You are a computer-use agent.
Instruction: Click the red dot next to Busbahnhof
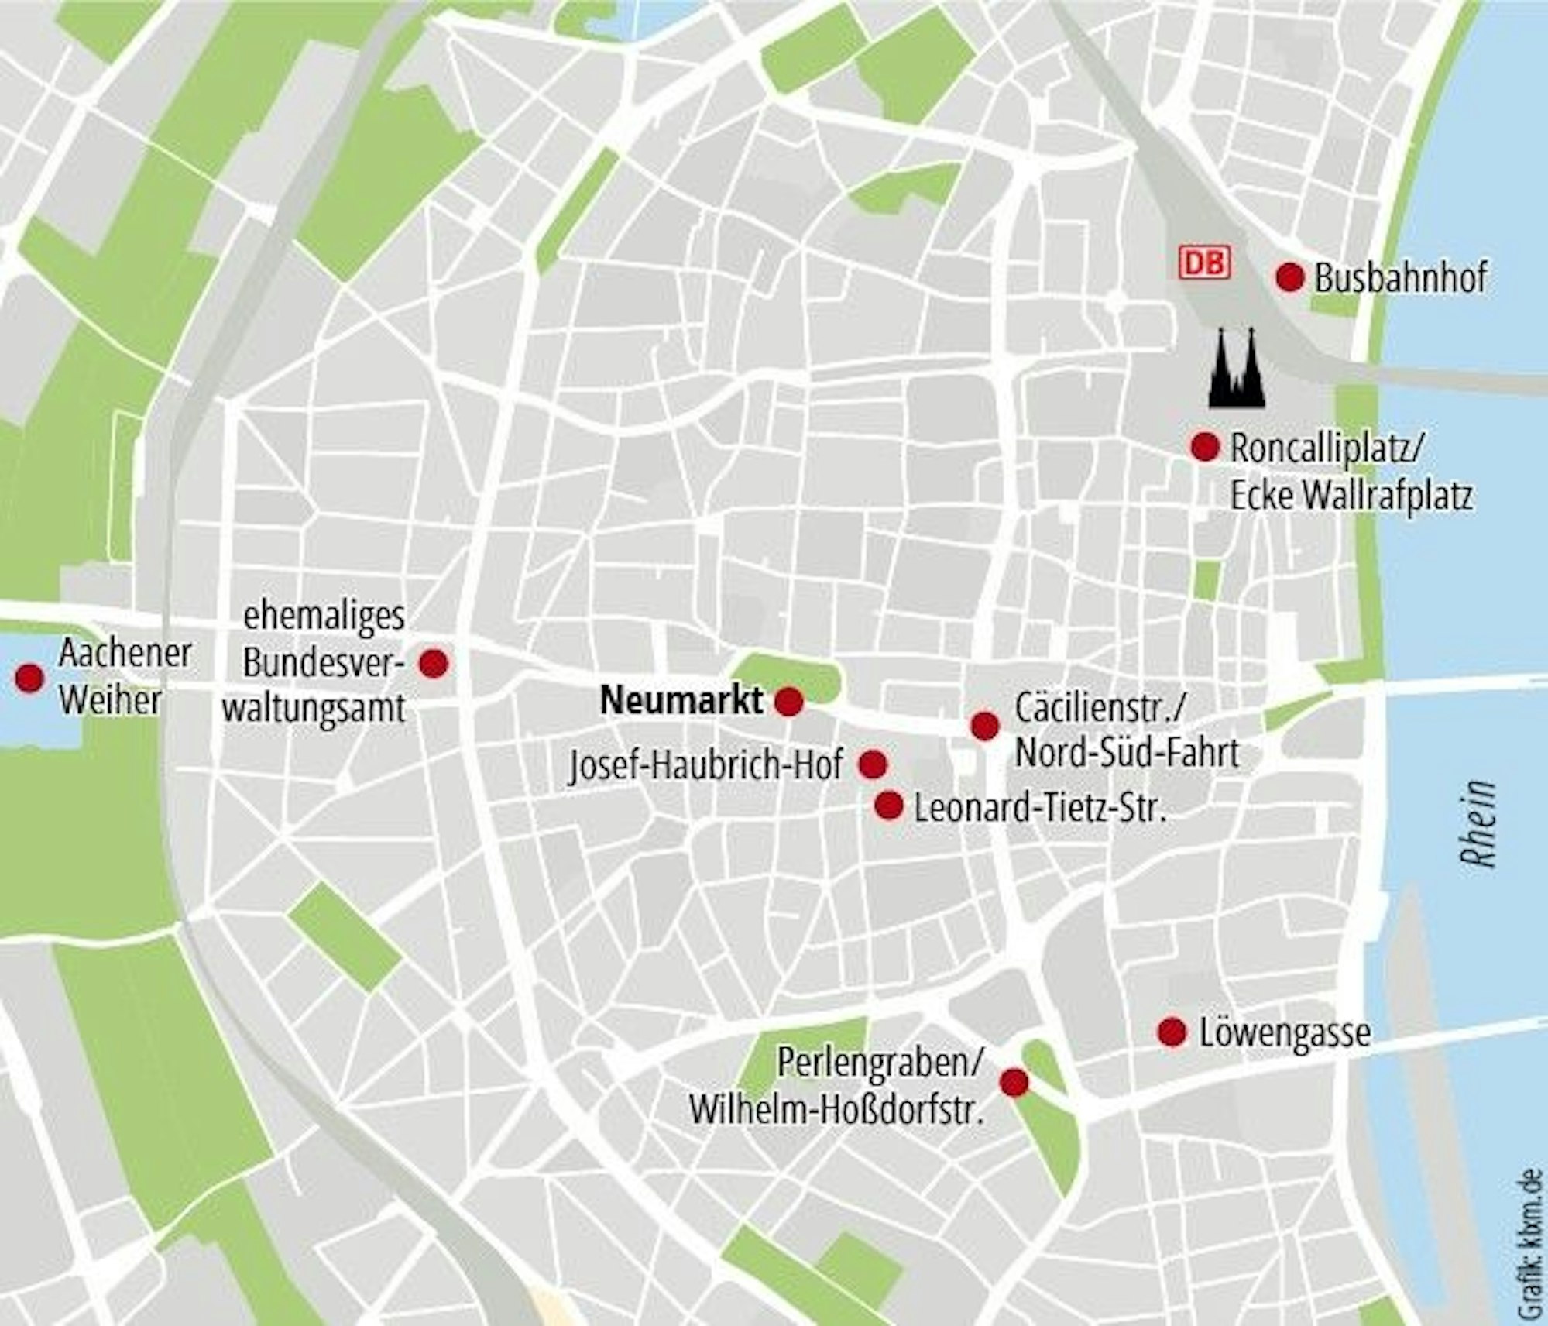pyautogui.click(x=1289, y=277)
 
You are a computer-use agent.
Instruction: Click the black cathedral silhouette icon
pyautogui.click(x=1237, y=369)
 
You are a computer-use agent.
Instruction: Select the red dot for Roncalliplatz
pyautogui.click(x=1205, y=447)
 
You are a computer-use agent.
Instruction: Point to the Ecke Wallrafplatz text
pyautogui.click(x=1351, y=496)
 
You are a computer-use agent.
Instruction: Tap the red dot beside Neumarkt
pyautogui.click(x=789, y=702)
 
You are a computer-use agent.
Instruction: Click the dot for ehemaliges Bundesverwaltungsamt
pyautogui.click(x=433, y=663)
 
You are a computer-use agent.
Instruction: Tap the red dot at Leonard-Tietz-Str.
pyautogui.click(x=889, y=806)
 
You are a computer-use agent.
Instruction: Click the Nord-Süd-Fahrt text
pyautogui.click(x=1127, y=752)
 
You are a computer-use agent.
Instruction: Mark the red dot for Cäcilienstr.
pyautogui.click(x=984, y=726)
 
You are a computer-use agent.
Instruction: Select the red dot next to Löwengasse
pyautogui.click(x=1172, y=1032)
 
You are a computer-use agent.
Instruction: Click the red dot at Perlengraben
pyautogui.click(x=1014, y=1083)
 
